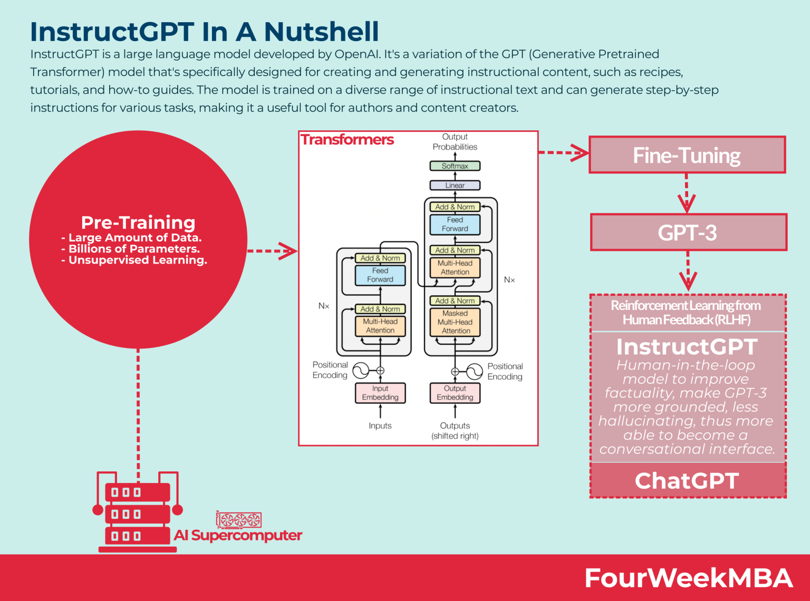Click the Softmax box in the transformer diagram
pos(455,166)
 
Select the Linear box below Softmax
pos(455,186)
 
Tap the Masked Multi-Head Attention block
pos(455,322)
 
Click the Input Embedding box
pos(380,393)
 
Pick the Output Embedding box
pos(455,393)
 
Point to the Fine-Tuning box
pos(687,155)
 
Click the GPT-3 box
pos(688,232)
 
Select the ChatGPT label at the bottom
pos(687,481)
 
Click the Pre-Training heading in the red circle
pos(138,222)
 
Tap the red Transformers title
pos(347,140)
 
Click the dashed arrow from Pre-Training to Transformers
pos(272,251)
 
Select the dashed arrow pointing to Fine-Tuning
pos(563,153)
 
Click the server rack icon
pos(138,513)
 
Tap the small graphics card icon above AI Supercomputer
pos(239,520)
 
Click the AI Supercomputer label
pos(238,536)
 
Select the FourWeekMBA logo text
pos(688,578)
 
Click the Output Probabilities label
pos(455,142)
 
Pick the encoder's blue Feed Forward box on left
pos(380,275)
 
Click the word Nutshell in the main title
pos(321,32)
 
